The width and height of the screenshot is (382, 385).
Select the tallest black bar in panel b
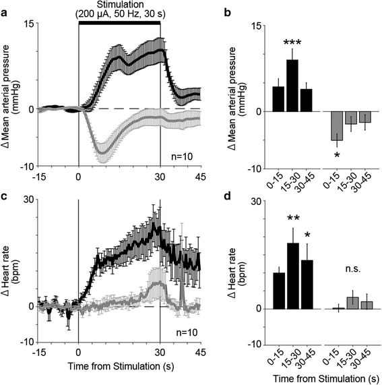click(x=292, y=85)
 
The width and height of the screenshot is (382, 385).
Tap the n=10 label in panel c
click(x=180, y=332)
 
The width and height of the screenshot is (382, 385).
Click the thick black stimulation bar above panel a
click(x=119, y=23)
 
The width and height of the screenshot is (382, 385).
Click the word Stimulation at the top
click(x=119, y=5)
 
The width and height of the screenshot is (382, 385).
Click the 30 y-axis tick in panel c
click(x=28, y=200)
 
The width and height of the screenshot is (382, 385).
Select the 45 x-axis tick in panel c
click(x=200, y=353)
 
